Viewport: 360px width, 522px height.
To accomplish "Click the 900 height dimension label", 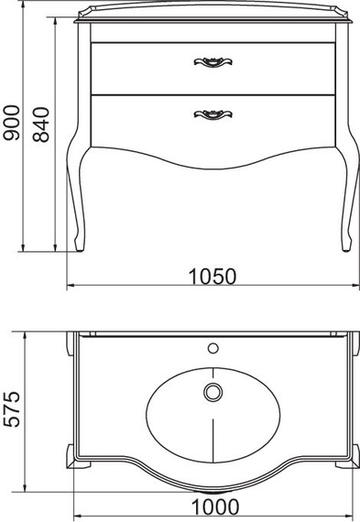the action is pos(11,123).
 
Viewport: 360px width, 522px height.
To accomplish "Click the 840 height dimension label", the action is pos(41,125).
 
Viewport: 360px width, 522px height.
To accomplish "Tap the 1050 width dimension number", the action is pos(213,277).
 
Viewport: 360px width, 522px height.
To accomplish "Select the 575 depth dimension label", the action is pos(12,409).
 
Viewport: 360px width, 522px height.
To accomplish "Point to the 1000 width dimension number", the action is pos(215,507).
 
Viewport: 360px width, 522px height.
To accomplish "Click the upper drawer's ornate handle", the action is pos(213,62).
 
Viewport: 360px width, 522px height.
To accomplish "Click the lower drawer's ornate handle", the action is pos(213,114).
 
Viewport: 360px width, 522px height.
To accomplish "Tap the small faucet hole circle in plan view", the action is pos(213,348).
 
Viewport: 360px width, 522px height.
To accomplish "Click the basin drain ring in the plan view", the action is pos(213,392).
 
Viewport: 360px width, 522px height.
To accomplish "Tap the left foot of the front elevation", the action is pos(80,245).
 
